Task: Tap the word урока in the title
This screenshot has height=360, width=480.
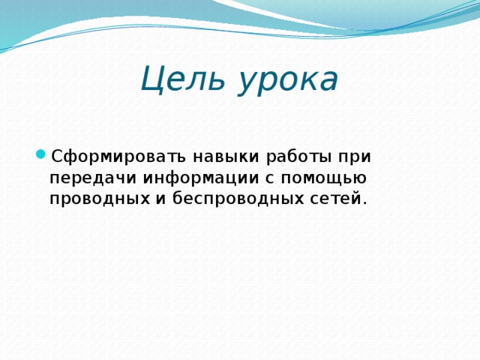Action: point(289,81)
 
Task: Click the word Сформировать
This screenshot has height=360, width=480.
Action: point(118,157)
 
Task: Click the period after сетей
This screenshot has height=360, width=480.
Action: point(364,203)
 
